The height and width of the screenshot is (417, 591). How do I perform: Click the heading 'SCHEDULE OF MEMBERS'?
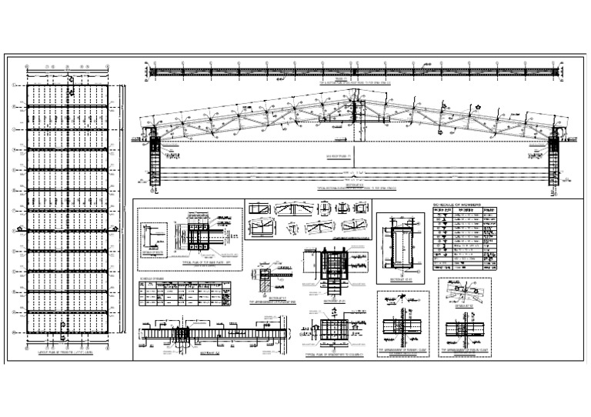pyautogui.click(x=457, y=202)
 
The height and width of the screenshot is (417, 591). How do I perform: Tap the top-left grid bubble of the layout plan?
pyautogui.click(x=27, y=67)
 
